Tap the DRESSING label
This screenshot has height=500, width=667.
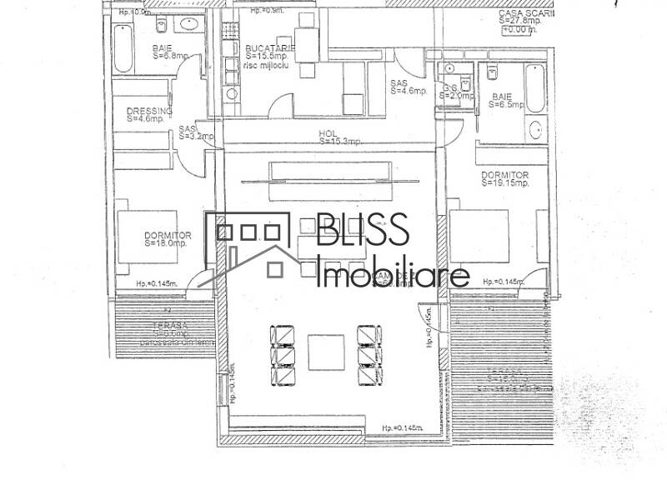pos(149,115)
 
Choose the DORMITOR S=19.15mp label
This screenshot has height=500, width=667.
pos(505,178)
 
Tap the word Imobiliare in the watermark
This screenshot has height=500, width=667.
pos(394,275)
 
